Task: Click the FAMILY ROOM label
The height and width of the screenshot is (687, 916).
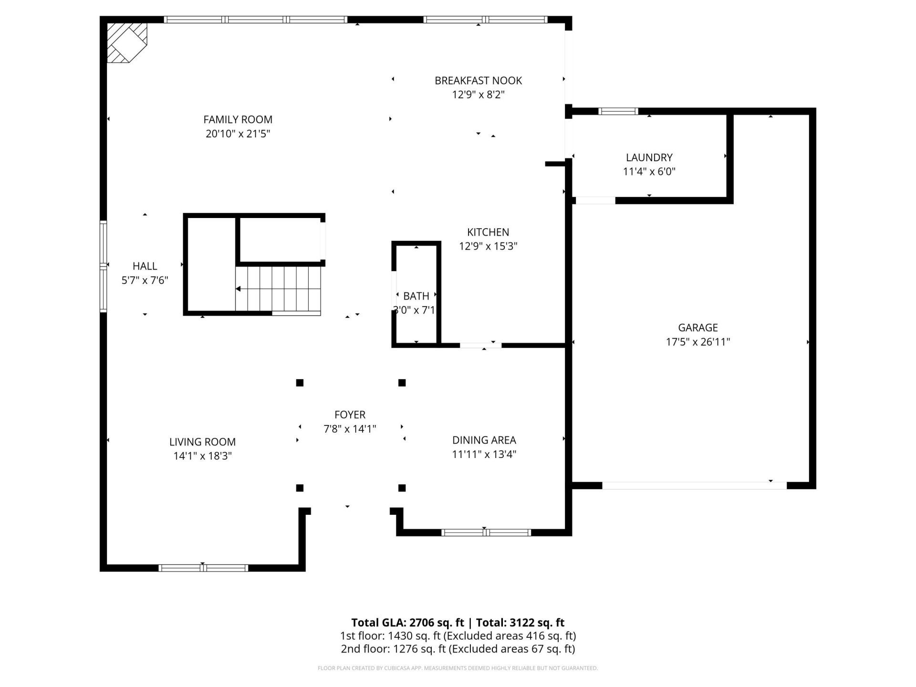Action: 238,120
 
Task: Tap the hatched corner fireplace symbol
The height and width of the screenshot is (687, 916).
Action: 125,42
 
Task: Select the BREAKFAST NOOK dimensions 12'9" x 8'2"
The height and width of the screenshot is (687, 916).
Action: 478,95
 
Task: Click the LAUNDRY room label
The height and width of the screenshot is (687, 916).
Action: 649,157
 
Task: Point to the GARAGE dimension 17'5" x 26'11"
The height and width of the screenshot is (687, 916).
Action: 697,342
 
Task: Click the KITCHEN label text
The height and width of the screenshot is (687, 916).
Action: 488,232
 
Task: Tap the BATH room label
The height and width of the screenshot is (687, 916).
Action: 416,296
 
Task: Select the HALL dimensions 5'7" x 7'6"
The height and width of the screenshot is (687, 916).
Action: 145,281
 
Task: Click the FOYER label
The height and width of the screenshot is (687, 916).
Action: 350,415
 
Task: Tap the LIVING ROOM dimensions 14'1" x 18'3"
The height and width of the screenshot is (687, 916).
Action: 202,456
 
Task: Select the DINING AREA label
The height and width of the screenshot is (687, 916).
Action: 484,440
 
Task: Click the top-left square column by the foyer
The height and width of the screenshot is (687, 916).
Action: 300,383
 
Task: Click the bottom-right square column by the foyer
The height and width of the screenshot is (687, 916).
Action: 402,488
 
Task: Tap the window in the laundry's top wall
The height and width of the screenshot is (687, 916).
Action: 618,112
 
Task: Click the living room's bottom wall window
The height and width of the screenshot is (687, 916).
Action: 203,568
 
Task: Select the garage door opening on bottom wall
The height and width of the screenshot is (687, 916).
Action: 694,486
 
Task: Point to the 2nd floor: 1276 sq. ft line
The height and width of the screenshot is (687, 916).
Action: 458,649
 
